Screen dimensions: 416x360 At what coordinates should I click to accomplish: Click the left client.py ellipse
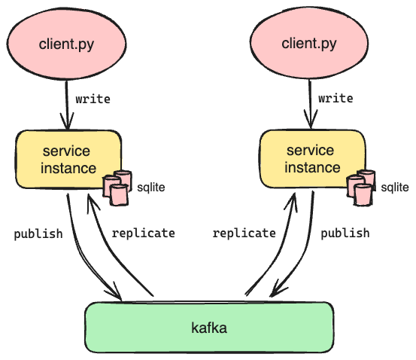click(x=66, y=44)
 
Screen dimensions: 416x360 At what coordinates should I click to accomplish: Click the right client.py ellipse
click(x=309, y=42)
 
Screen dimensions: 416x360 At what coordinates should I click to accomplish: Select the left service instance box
click(x=68, y=160)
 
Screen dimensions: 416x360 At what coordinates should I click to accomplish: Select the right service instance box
click(x=312, y=159)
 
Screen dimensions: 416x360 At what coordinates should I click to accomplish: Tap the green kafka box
click(x=209, y=328)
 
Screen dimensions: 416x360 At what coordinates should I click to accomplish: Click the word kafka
click(x=209, y=328)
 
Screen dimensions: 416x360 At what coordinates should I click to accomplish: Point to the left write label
click(x=93, y=99)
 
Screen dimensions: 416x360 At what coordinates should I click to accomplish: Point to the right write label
click(x=336, y=99)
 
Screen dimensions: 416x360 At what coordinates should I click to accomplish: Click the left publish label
click(x=38, y=234)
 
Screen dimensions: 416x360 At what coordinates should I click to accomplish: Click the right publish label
click(x=345, y=233)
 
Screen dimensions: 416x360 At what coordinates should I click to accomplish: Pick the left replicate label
click(x=143, y=233)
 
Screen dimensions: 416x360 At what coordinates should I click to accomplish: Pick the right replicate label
click(x=244, y=233)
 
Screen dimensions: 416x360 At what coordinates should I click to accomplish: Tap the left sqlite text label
click(x=151, y=188)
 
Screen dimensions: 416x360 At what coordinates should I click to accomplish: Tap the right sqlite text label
click(x=395, y=188)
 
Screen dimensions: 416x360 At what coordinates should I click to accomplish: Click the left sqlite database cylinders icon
click(x=117, y=188)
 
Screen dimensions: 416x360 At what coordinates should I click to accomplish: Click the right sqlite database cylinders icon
click(x=361, y=188)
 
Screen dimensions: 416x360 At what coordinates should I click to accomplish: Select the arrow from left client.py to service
click(x=67, y=105)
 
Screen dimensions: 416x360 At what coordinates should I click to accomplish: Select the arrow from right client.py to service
click(x=310, y=104)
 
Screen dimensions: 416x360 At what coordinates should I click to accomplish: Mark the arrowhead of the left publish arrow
click(x=114, y=291)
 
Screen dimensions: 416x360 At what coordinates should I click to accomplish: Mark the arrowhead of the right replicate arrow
click(x=291, y=203)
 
